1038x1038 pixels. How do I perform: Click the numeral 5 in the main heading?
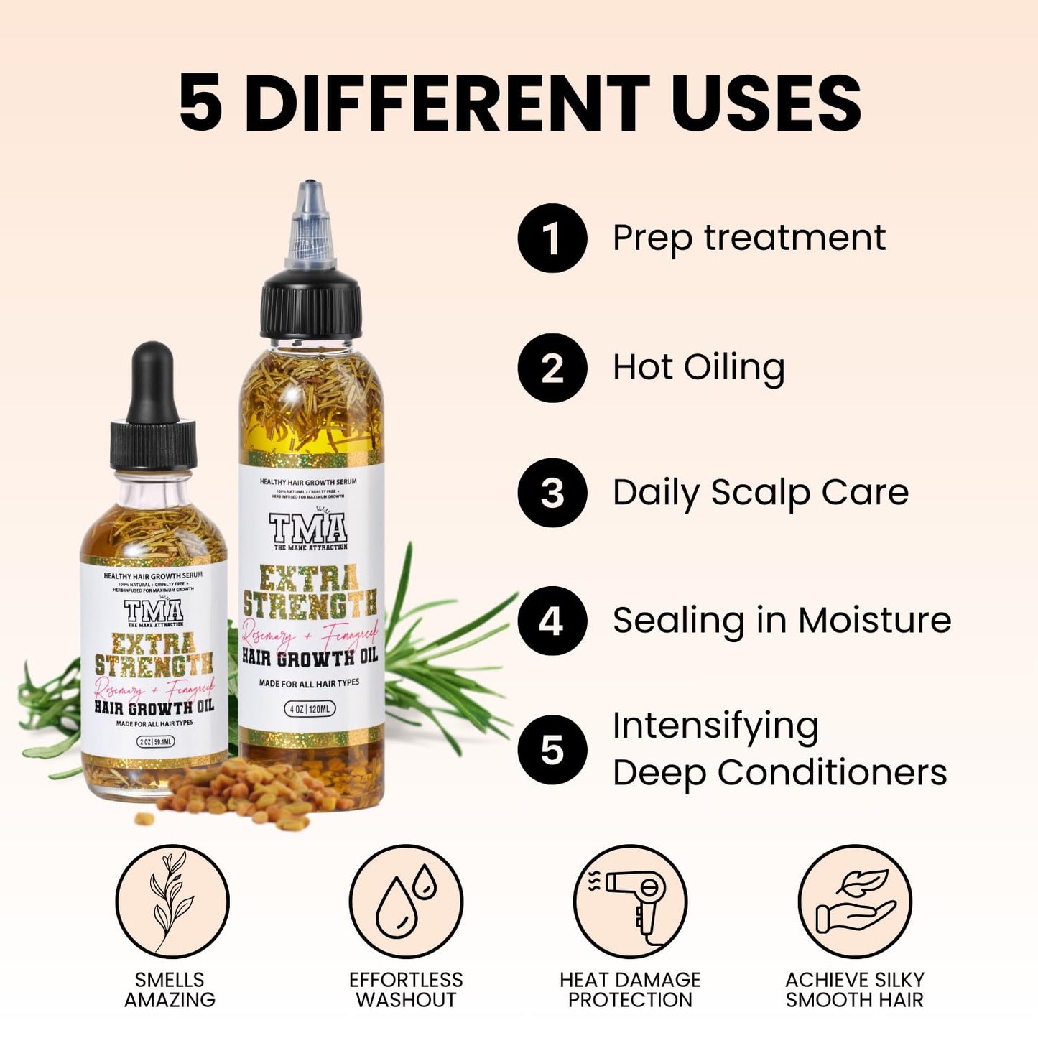(x=200, y=103)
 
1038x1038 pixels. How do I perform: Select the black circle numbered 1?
(x=552, y=238)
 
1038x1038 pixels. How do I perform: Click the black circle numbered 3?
(x=552, y=493)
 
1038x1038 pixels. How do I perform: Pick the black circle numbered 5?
(x=552, y=750)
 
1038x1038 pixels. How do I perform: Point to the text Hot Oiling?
(x=698, y=368)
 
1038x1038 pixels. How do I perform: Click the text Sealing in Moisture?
(x=782, y=621)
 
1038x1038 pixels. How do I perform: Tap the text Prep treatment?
(x=749, y=238)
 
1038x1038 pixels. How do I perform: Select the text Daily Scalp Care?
(x=760, y=493)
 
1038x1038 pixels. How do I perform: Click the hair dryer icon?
(x=630, y=902)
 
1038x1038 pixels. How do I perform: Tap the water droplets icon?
(x=406, y=902)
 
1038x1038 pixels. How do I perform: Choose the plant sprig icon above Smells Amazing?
(x=172, y=902)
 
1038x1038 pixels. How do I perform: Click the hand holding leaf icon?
(x=854, y=902)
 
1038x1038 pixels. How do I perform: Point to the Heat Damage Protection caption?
(x=630, y=990)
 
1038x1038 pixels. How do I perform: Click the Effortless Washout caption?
(x=406, y=990)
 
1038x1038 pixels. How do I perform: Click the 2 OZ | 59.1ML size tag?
(x=155, y=741)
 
